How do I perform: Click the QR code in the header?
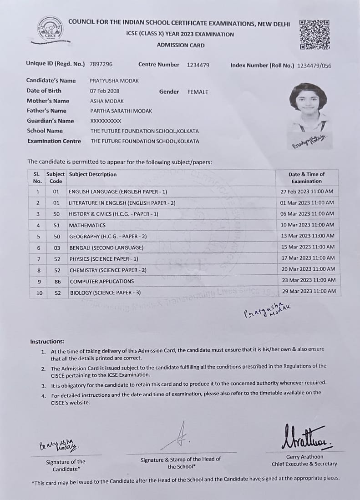coord(314,34)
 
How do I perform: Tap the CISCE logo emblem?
coord(51,29)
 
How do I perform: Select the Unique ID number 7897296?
coord(101,65)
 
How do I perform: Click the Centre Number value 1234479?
coord(198,65)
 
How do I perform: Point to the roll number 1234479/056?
coord(314,66)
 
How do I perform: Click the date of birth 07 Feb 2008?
coord(105,91)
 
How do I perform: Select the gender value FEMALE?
coord(198,92)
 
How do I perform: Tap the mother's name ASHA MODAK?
coord(107,101)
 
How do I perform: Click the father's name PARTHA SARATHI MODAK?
coord(121,111)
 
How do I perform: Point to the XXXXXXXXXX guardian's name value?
coord(106,121)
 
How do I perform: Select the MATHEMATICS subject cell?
coord(87,225)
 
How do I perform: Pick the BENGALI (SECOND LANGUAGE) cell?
coord(106,247)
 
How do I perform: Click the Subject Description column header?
coord(93,174)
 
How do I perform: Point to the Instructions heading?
coord(47,342)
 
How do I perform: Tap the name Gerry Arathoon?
coord(304,457)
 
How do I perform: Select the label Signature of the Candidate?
coord(66,465)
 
